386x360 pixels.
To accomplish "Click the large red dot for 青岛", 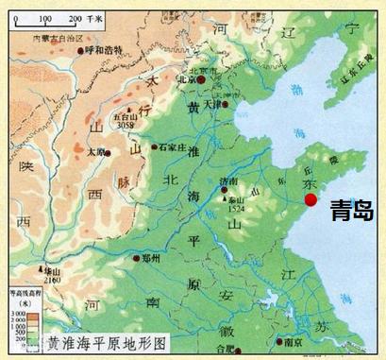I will point(310,200).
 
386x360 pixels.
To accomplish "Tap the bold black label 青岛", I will point(351,211).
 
